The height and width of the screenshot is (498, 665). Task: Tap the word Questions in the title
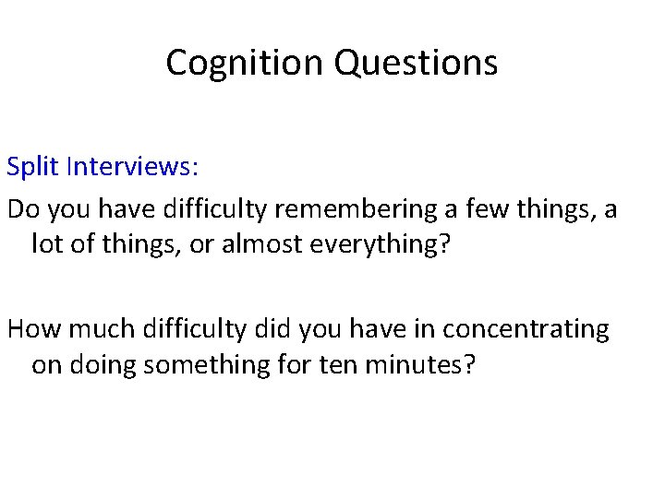[417, 63]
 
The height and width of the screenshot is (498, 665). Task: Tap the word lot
[47, 246]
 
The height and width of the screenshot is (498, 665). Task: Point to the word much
[98, 329]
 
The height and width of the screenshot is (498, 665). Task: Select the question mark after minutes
[469, 365]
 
